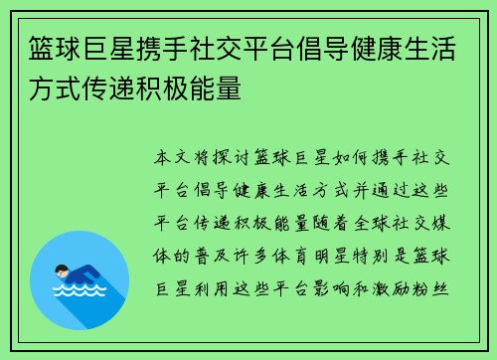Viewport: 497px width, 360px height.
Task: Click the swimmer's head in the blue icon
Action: tap(62, 271)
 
